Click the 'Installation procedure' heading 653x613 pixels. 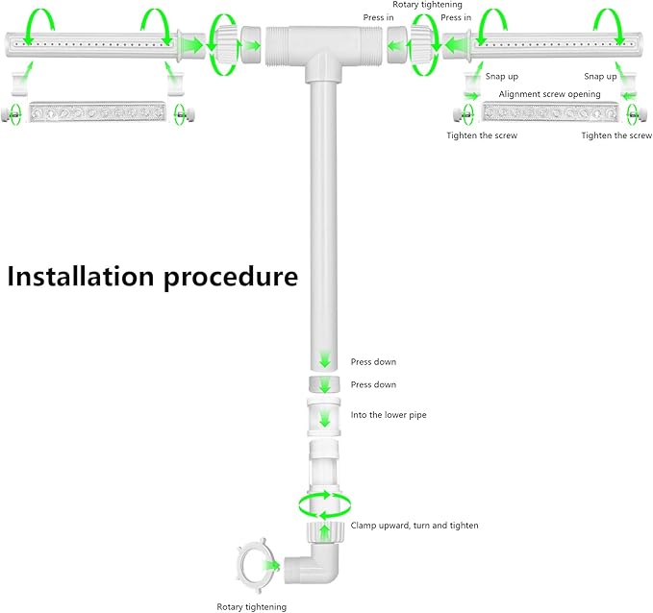pyautogui.click(x=152, y=277)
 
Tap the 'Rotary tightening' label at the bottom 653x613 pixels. pyautogui.click(x=252, y=607)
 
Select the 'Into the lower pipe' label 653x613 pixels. pyautogui.click(x=389, y=415)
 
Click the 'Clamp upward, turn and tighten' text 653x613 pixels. pyautogui.click(x=414, y=526)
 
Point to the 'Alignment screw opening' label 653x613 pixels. pyautogui.click(x=549, y=94)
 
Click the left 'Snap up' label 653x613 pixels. pyautogui.click(x=502, y=76)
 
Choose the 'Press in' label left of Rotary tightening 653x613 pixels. pyautogui.click(x=378, y=17)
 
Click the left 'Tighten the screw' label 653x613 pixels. pyautogui.click(x=482, y=135)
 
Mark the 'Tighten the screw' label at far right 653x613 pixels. pyautogui.click(x=616, y=135)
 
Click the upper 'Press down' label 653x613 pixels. pyautogui.click(x=373, y=361)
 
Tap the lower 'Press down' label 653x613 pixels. pyautogui.click(x=373, y=384)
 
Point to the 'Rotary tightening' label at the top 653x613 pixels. pyautogui.click(x=427, y=5)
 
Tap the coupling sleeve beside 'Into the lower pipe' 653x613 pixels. pyautogui.click(x=323, y=417)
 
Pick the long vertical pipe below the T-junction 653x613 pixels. pyautogui.click(x=323, y=225)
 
